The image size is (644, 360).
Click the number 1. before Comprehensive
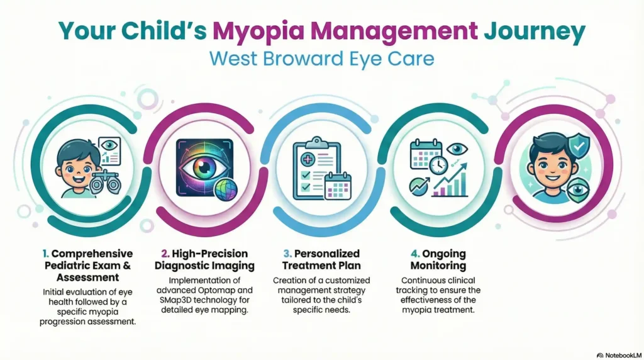tap(45, 253)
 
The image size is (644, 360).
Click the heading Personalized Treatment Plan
tap(322, 259)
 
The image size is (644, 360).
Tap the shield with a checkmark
tap(577, 146)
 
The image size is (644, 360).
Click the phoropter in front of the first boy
tap(102, 183)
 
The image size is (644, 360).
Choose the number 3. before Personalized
tap(287, 253)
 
